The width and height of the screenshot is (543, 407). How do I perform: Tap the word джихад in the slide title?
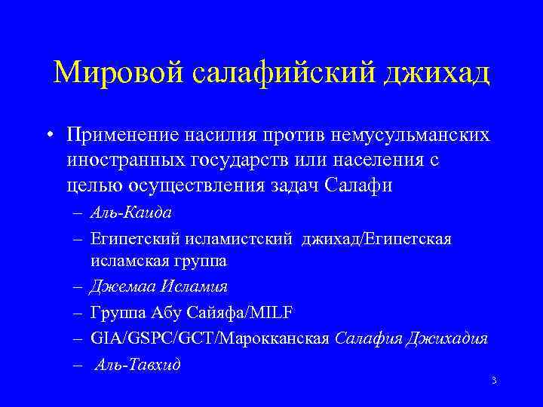coord(437,73)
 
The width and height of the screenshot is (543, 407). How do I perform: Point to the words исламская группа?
coord(158,262)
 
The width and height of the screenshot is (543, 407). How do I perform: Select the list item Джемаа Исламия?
coord(158,286)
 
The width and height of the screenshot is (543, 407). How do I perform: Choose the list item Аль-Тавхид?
coord(138,364)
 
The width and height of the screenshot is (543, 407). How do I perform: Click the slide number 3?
coord(492,381)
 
